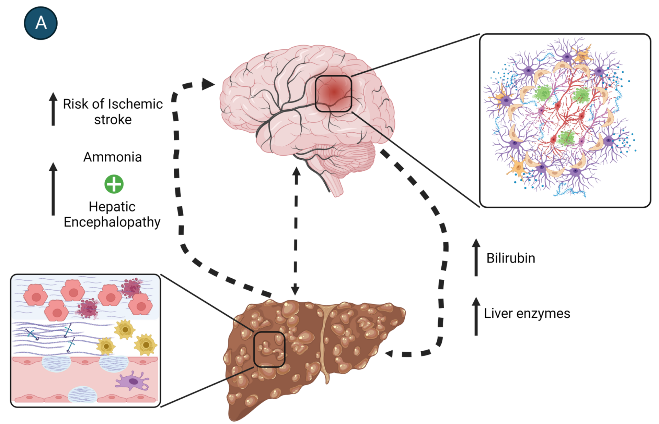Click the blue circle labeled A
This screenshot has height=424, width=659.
(x=41, y=23)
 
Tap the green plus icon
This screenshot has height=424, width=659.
(x=114, y=184)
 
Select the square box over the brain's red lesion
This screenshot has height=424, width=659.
(x=333, y=94)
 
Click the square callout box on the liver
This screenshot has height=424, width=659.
(x=269, y=349)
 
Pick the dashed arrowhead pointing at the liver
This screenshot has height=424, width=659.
(x=389, y=353)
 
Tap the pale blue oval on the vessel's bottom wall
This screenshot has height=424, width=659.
(x=83, y=395)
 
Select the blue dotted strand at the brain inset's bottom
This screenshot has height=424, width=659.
(x=570, y=192)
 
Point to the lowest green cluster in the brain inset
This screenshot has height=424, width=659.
(x=566, y=138)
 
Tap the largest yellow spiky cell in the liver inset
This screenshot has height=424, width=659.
(x=146, y=344)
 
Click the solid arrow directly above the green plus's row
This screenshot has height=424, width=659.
(x=53, y=189)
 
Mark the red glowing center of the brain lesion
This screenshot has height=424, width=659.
(x=334, y=92)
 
